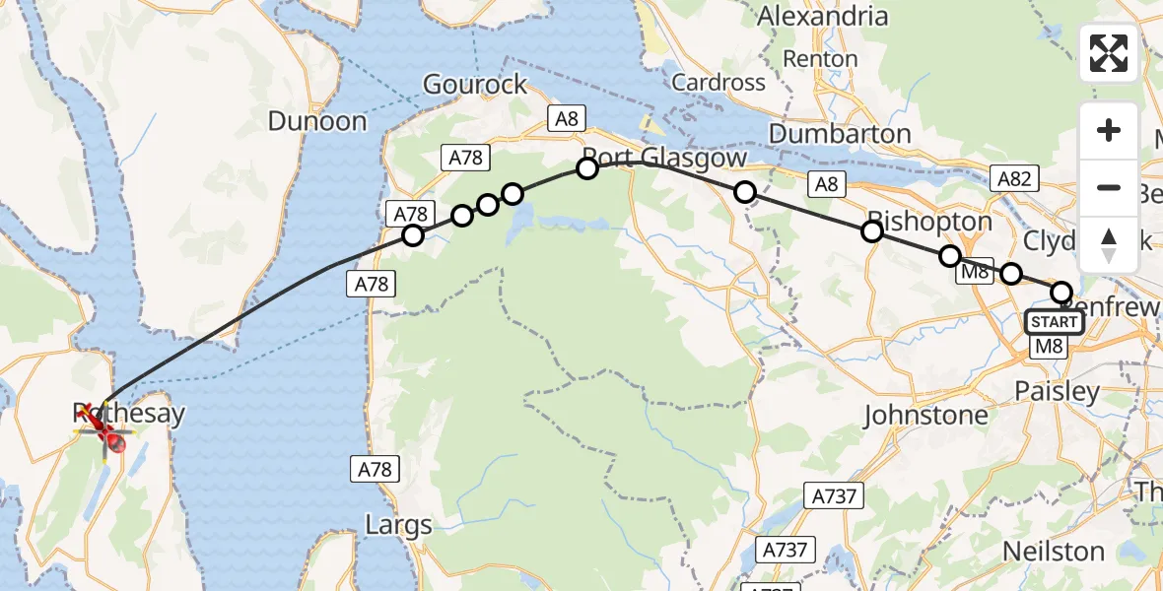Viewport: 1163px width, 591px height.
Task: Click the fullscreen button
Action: pos(1109,53)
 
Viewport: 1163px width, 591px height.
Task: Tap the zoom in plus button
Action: pos(1109,131)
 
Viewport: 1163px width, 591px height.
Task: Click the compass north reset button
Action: pos(1109,245)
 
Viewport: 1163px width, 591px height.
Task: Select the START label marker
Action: pos(1054,322)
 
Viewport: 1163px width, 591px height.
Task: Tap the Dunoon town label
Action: pos(317,122)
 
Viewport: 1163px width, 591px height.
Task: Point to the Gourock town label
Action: pos(475,85)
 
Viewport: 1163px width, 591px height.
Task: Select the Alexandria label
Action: pos(822,17)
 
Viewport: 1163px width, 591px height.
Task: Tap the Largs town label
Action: pos(398,525)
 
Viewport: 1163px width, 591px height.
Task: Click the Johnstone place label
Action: pos(925,416)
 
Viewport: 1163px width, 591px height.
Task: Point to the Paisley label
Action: pos(1057,392)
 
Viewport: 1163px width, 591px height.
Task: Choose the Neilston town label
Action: pos(1054,551)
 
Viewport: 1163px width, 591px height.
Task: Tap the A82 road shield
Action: pos(1014,178)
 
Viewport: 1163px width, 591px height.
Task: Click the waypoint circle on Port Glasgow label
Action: pos(587,168)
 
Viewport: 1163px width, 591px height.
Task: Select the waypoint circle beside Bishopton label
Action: pos(872,231)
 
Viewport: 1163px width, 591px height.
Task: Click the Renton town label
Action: pos(820,59)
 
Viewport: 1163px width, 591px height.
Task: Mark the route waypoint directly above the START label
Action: pos(1061,292)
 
